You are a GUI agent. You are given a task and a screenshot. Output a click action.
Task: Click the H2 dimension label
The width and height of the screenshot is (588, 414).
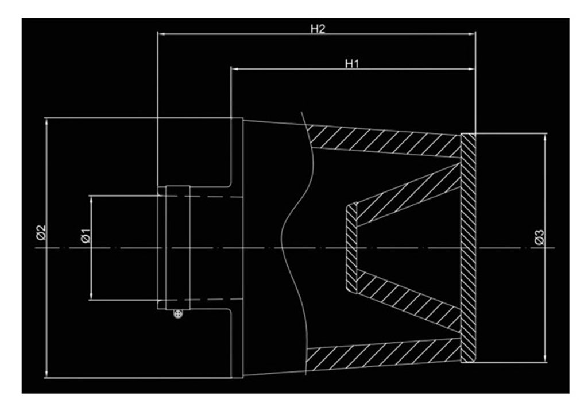pyautogui.click(x=318, y=29)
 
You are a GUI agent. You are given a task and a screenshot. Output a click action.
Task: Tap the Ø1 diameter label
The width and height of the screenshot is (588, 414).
pyautogui.click(x=86, y=236)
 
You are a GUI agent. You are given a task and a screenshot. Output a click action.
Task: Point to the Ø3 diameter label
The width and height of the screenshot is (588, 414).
pyautogui.click(x=539, y=237)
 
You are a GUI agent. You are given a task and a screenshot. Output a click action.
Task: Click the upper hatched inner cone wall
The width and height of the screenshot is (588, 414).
pyautogui.click(x=408, y=195)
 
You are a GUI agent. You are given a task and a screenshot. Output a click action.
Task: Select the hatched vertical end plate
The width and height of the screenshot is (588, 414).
pyautogui.click(x=468, y=247)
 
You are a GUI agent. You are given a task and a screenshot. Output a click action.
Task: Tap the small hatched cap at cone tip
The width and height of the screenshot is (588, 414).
pyautogui.click(x=351, y=247)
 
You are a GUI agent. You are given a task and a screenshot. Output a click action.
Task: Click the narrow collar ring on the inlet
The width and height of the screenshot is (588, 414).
pyautogui.click(x=177, y=247)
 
